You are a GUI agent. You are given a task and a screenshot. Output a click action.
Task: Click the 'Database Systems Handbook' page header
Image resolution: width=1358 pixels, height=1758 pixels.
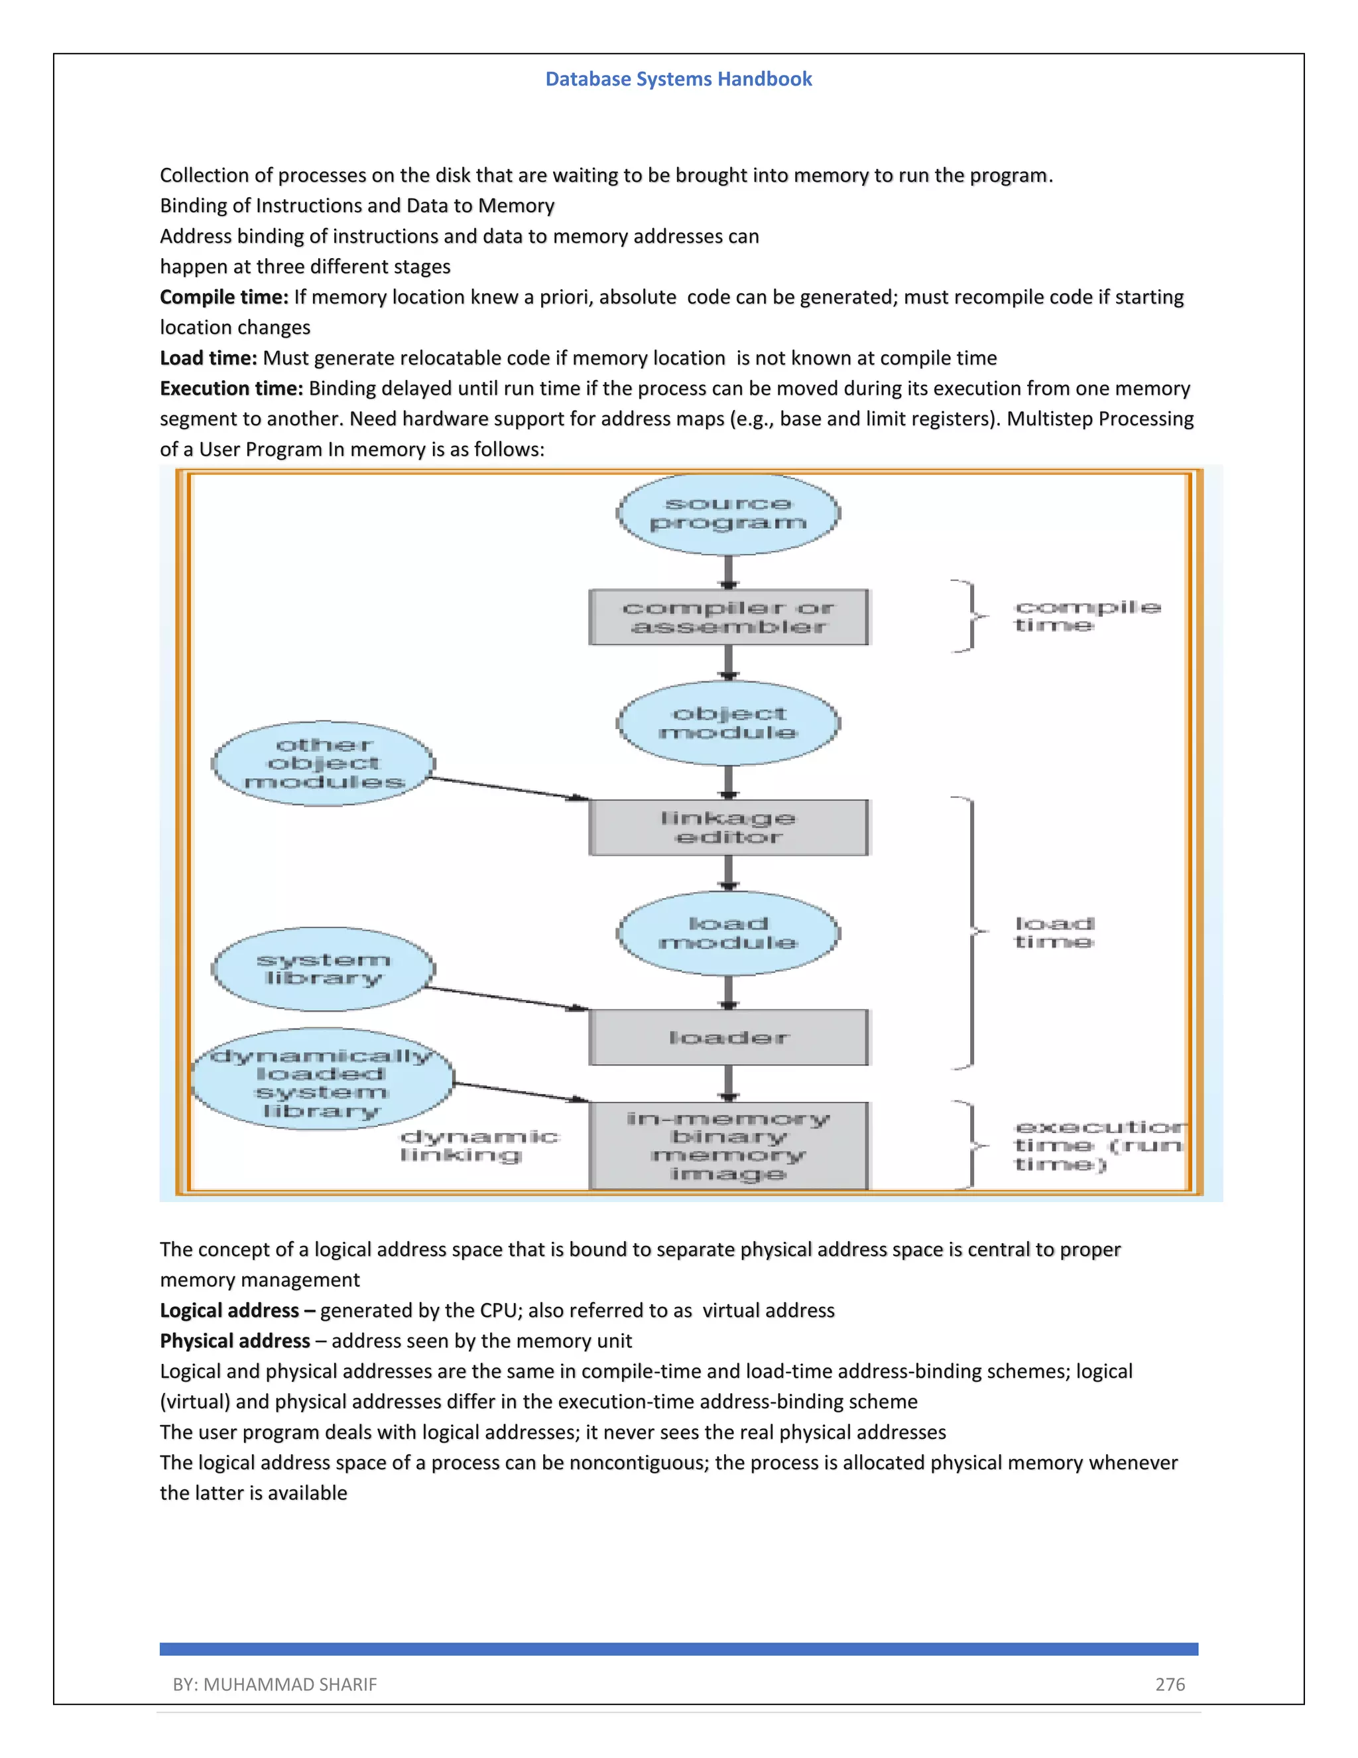pyautogui.click(x=678, y=79)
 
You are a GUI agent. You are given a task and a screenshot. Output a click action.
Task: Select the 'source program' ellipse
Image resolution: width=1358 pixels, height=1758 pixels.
pyautogui.click(x=728, y=513)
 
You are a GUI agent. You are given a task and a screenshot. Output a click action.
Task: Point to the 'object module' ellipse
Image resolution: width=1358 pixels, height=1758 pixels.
pyautogui.click(x=728, y=723)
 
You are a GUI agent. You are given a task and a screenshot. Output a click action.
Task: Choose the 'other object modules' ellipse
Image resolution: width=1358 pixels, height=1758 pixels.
pyautogui.click(x=324, y=763)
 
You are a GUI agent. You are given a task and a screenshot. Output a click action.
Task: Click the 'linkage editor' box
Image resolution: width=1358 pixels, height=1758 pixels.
pyautogui.click(x=728, y=827)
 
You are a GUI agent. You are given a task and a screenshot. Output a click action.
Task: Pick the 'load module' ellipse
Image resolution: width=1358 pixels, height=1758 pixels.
pyautogui.click(x=728, y=933)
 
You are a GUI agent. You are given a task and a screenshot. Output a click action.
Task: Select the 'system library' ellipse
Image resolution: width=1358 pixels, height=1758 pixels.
pyautogui.click(x=324, y=969)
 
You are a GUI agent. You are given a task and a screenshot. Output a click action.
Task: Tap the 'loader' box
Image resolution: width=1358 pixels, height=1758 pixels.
pyautogui.click(x=728, y=1038)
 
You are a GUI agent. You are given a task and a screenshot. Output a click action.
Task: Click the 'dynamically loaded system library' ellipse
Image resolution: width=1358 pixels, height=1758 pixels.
pyautogui.click(x=322, y=1079)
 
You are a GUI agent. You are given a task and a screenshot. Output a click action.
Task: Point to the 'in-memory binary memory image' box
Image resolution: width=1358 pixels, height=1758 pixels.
pyautogui.click(x=728, y=1146)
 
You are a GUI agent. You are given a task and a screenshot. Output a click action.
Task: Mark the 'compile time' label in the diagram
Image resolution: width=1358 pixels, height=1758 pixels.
pyautogui.click(x=1086, y=616)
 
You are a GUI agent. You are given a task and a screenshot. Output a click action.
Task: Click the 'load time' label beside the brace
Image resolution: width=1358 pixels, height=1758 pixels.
pyautogui.click(x=1054, y=932)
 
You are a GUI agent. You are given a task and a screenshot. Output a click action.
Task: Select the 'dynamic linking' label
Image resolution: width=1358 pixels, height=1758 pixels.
pyautogui.click(x=479, y=1146)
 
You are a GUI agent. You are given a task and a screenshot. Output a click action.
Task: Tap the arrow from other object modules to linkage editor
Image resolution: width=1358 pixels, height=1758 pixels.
pyautogui.click(x=507, y=788)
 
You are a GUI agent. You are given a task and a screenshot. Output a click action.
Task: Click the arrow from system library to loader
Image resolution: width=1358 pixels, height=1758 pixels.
pyautogui.click(x=507, y=998)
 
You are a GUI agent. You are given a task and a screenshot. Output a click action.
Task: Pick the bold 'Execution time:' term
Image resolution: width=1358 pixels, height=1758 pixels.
pyautogui.click(x=231, y=388)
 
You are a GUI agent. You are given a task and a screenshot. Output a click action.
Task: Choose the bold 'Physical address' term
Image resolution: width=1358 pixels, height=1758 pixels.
pyautogui.click(x=235, y=1340)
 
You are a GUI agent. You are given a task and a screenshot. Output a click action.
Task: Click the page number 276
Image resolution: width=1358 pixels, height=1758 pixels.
pyautogui.click(x=1170, y=1684)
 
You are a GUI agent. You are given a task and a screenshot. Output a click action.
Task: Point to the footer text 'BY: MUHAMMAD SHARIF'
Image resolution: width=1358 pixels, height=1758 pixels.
pyautogui.click(x=275, y=1684)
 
